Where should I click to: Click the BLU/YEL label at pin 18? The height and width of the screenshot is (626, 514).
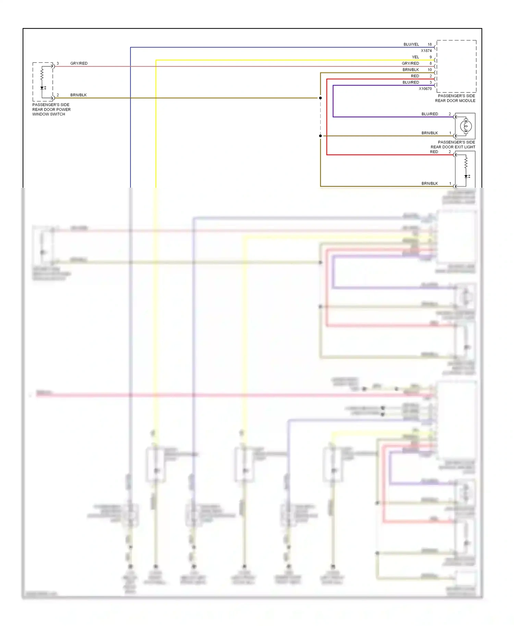(411, 45)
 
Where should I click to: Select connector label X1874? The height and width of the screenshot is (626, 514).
(426, 51)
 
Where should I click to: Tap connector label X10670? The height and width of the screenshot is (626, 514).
(425, 89)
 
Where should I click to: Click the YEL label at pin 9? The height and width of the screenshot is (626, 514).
(415, 57)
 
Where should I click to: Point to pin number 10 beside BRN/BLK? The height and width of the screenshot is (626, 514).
(430, 70)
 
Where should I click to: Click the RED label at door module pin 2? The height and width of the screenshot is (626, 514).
(415, 76)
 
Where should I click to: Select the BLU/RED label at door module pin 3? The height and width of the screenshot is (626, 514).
(411, 83)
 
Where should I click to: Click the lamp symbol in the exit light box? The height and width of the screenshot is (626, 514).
(466, 126)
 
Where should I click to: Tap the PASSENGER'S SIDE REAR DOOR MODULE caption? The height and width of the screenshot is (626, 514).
(455, 98)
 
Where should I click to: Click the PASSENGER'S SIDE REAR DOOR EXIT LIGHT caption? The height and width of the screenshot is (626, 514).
(453, 145)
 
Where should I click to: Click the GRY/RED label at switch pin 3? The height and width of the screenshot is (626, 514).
(79, 63)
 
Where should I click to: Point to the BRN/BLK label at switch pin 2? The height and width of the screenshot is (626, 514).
(78, 95)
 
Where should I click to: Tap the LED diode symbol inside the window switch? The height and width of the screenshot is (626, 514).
(42, 88)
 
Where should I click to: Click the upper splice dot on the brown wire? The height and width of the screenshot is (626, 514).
(320, 98)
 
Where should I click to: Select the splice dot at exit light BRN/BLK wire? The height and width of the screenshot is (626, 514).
(320, 136)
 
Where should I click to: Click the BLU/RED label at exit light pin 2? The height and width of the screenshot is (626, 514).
(430, 114)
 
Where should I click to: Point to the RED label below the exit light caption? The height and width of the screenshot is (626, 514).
(434, 152)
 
